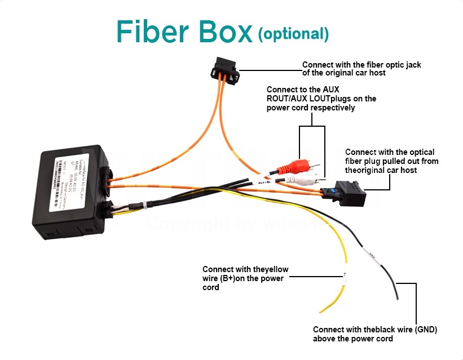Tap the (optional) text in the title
click(293, 34)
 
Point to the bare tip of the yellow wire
click(323, 310)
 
